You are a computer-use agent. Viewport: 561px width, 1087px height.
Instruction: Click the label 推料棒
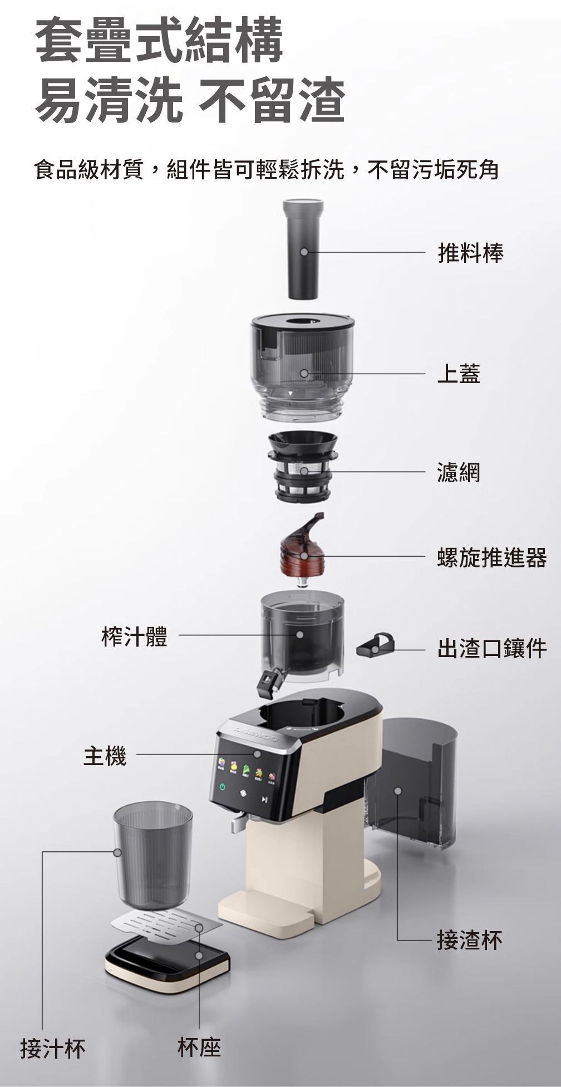click(x=470, y=253)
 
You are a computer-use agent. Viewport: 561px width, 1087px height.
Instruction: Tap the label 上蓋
click(x=459, y=373)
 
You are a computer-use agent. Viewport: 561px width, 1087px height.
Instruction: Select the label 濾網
click(x=459, y=472)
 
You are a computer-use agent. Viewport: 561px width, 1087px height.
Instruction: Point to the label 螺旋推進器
click(x=492, y=557)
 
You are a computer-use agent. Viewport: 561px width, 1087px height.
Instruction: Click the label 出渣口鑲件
click(x=492, y=648)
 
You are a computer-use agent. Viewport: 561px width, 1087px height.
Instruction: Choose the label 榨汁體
click(x=134, y=635)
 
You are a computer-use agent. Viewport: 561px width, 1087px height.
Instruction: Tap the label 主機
click(x=105, y=756)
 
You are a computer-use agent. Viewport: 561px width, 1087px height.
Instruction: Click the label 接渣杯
click(x=470, y=940)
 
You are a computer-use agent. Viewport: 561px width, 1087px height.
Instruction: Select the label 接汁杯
click(x=53, y=1049)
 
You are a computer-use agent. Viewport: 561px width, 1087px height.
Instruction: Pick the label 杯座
click(x=199, y=1047)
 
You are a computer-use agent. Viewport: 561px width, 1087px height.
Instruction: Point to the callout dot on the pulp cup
click(x=398, y=791)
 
